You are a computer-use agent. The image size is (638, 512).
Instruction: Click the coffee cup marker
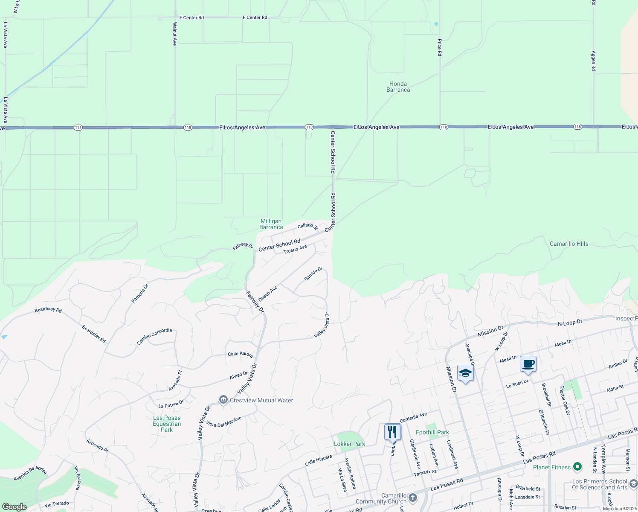[528, 364]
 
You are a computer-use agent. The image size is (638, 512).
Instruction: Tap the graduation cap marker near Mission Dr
[465, 373]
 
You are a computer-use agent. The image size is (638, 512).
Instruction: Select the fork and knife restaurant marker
[392, 432]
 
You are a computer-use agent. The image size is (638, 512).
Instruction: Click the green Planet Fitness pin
[577, 467]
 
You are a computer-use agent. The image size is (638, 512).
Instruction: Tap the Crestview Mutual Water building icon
[223, 400]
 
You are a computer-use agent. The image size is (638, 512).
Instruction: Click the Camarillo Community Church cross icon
[412, 497]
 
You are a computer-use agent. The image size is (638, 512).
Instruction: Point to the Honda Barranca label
[398, 87]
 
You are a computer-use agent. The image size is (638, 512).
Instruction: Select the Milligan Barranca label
[271, 224]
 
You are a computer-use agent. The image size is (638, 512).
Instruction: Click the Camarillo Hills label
[569, 244]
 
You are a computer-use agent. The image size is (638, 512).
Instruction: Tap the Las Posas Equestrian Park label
[167, 424]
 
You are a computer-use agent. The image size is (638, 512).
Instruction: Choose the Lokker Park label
[349, 444]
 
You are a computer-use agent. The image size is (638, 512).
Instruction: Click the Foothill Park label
[432, 432]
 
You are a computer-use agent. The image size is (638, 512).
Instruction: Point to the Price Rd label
[439, 47]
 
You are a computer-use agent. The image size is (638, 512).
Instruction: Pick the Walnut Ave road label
[174, 34]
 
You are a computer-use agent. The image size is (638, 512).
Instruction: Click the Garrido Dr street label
[313, 274]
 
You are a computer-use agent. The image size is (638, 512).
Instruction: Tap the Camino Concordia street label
[154, 336]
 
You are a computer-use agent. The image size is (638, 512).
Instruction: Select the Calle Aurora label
[240, 354]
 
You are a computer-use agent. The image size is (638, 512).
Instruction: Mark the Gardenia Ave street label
[413, 417]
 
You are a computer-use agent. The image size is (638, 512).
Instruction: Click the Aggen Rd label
[593, 61]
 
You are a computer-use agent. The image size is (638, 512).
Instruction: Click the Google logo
[14, 506]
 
